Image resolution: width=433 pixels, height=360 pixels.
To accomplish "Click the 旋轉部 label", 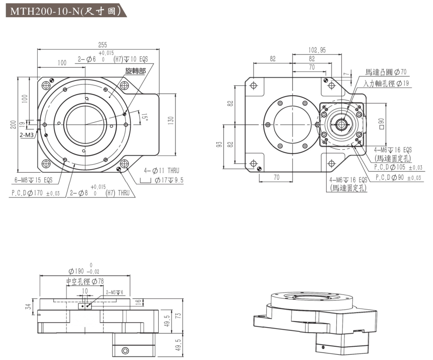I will (135, 71).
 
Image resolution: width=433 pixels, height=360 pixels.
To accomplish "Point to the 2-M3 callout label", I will (27, 135).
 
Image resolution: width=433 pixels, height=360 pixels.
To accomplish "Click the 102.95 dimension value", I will (317, 50).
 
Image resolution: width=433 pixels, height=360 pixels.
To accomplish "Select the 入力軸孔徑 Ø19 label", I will (386, 83).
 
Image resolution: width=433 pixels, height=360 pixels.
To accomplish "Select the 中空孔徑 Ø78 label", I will (85, 282).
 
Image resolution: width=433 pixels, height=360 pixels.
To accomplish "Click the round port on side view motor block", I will (125, 351).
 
